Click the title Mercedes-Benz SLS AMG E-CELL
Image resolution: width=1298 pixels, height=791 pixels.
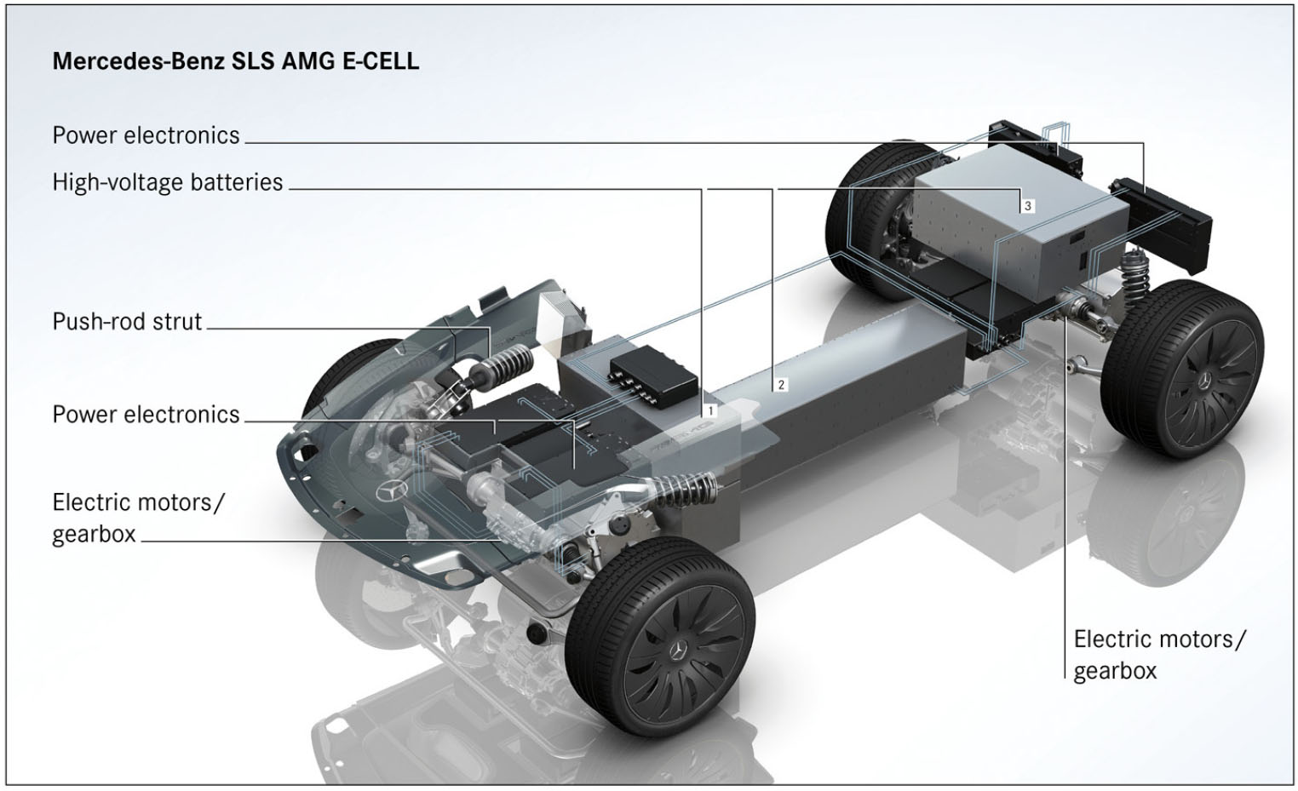(x=235, y=61)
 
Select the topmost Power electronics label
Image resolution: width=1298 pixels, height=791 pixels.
(x=146, y=135)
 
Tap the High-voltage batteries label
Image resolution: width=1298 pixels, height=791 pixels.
(x=167, y=182)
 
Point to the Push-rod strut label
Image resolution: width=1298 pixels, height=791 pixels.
(x=127, y=322)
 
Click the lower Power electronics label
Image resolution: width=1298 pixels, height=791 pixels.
(x=146, y=415)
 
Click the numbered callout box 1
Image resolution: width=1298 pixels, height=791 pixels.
(x=710, y=410)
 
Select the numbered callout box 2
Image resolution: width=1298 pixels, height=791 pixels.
(x=780, y=385)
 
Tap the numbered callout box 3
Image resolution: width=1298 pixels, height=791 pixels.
(x=1027, y=206)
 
